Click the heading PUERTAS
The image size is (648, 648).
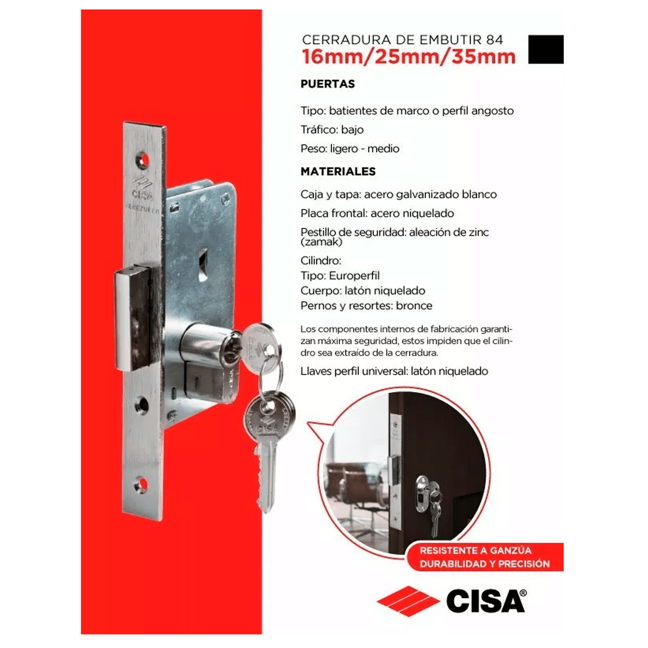point(328,84)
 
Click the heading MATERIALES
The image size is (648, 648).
point(338,171)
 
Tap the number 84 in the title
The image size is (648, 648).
point(494,40)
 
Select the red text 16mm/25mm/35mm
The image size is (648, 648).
point(409,57)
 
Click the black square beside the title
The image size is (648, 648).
point(546,49)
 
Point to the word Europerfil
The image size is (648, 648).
point(354,276)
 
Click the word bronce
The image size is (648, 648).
point(414,305)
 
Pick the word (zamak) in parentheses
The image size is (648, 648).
point(321,242)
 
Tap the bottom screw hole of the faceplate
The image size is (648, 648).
point(141,485)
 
